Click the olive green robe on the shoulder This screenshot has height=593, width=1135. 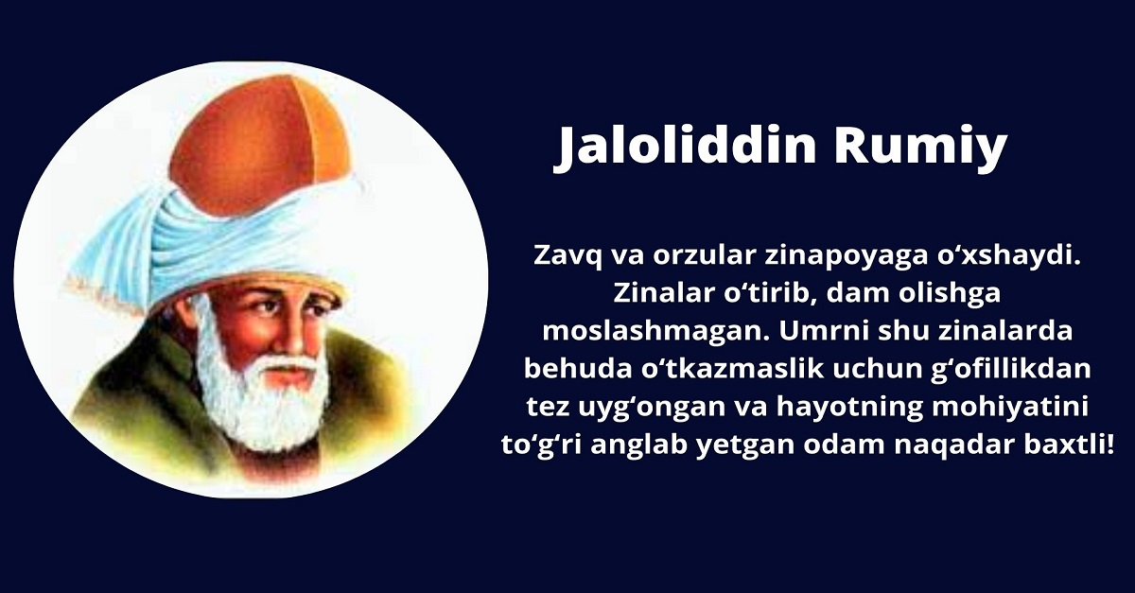pos(123,397)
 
